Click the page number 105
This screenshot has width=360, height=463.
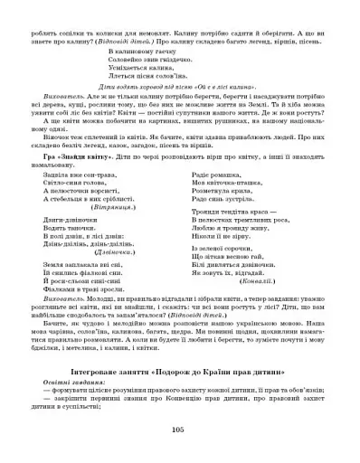click(181, 430)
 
